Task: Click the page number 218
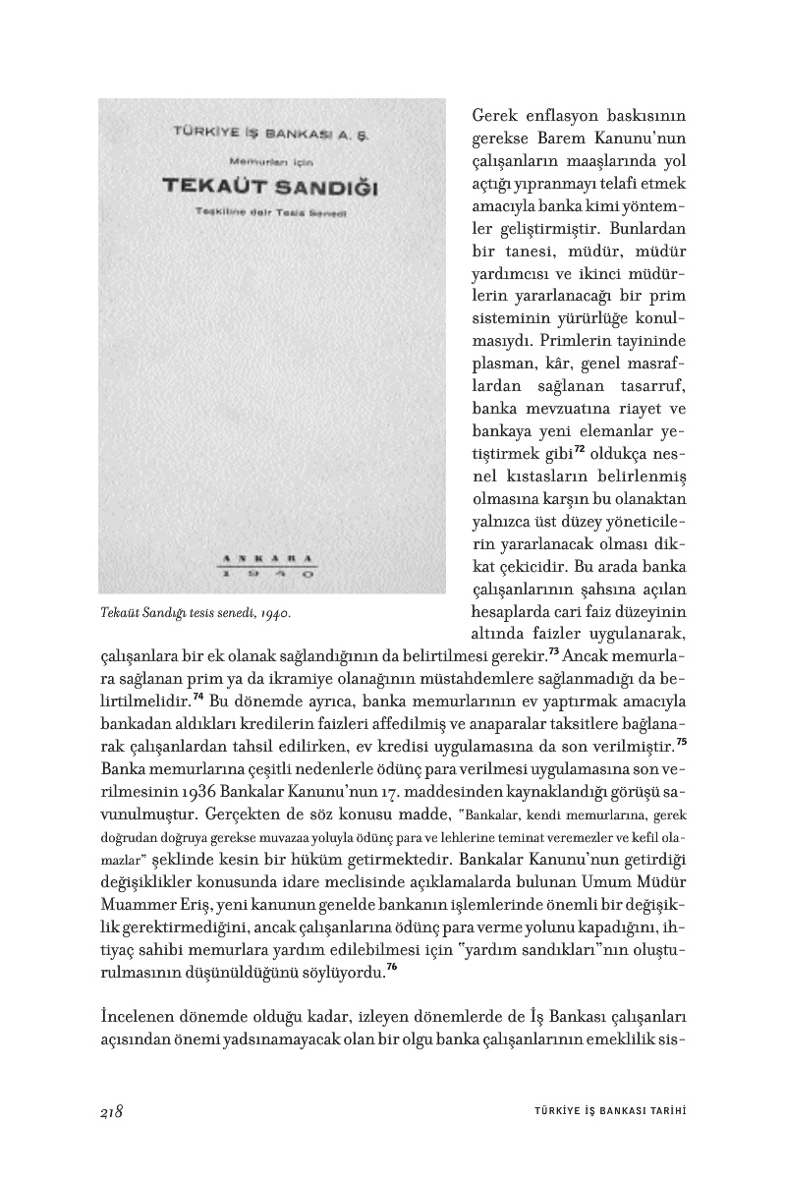point(110,1111)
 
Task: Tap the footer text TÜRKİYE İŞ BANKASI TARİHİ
point(602,1111)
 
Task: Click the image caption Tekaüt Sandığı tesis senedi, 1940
point(196,612)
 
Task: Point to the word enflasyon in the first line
point(555,118)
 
